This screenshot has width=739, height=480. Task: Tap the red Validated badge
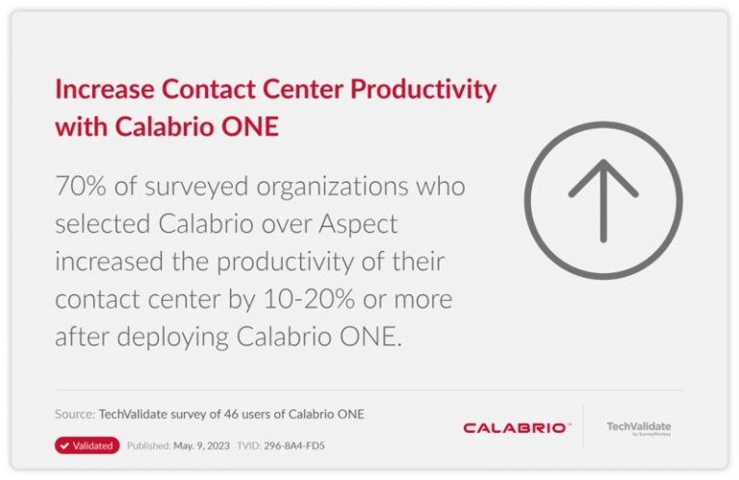(88, 445)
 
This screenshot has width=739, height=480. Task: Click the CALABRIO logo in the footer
(515, 427)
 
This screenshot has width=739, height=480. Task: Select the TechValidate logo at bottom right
(639, 427)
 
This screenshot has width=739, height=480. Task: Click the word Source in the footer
(74, 415)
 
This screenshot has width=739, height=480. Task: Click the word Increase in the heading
(102, 90)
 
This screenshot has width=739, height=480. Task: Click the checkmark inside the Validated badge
(64, 445)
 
